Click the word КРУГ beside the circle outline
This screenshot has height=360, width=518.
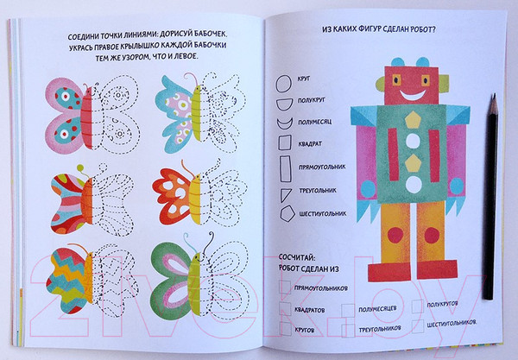pos(304,79)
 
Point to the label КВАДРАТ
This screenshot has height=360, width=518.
pos(310,144)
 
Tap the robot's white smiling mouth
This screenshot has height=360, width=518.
pos(413,95)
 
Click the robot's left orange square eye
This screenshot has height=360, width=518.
pos(396,79)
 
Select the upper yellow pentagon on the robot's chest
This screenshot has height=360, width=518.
pos(413,119)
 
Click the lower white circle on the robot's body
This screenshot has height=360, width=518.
pos(413,184)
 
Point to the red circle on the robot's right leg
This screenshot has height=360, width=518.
pos(432,236)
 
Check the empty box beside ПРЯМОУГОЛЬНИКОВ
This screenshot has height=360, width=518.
pos(285,287)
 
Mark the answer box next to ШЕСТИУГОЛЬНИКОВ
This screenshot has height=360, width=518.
pos(418,325)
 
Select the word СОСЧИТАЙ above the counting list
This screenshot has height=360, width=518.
pos(297,257)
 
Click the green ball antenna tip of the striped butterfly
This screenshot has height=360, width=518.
pos(80,168)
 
